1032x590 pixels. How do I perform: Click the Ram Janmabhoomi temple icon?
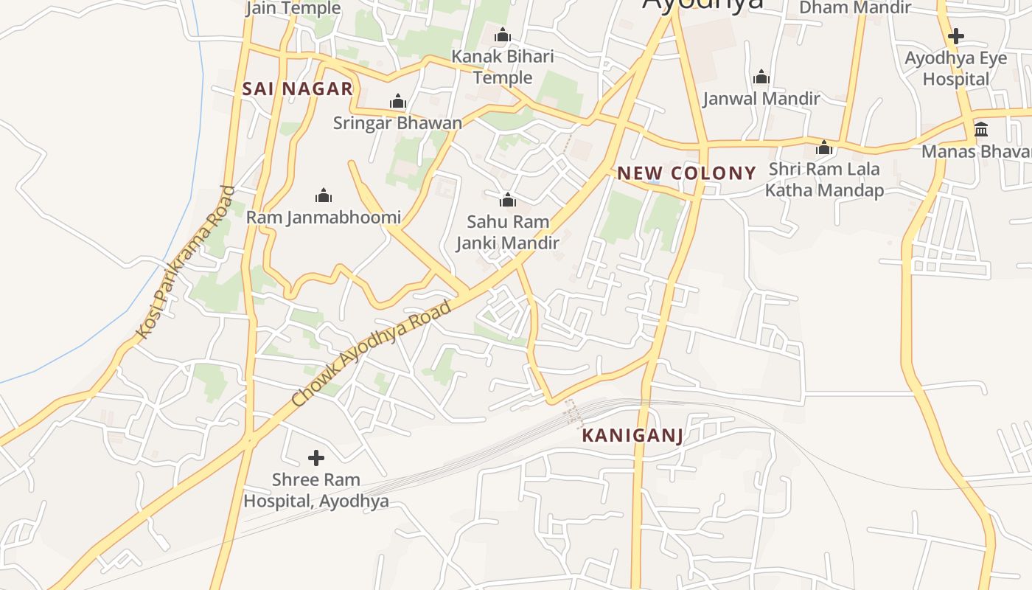(323, 195)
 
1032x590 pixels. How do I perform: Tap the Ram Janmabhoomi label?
(323, 217)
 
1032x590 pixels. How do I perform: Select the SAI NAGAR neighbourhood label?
(297, 89)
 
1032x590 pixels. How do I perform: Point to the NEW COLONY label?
(686, 173)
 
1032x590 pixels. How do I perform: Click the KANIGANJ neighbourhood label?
(632, 435)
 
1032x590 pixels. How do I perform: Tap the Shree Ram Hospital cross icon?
(316, 458)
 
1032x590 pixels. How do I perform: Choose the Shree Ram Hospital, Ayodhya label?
(316, 490)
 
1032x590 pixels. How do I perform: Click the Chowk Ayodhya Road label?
(371, 353)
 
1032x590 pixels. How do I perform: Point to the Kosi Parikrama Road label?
(185, 263)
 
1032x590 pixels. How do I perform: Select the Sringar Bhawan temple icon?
(398, 101)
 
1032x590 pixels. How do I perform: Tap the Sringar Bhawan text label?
(397, 122)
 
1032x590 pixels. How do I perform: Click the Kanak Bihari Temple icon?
(503, 35)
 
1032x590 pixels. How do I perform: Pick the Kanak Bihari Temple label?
(503, 66)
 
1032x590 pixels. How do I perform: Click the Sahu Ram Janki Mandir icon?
(507, 200)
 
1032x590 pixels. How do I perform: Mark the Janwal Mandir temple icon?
(761, 77)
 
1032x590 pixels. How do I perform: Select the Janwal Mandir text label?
(761, 98)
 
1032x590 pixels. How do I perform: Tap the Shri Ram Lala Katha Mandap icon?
(824, 147)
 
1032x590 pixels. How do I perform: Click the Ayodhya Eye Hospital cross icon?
(956, 35)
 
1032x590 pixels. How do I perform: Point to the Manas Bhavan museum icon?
(981, 130)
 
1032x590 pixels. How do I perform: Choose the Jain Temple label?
(293, 8)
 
